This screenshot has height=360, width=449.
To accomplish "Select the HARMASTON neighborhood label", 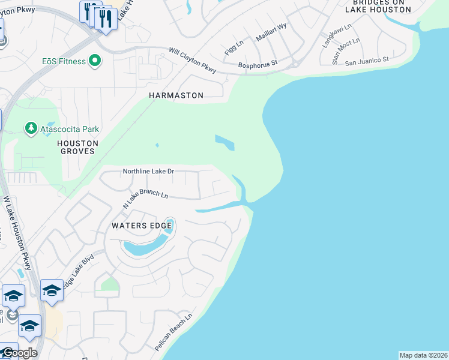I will click(176, 95).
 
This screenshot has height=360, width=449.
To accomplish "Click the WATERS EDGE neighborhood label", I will click(136, 226).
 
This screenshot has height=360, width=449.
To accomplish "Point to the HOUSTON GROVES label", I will click(77, 147).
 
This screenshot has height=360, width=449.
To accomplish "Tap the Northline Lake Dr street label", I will click(148, 172).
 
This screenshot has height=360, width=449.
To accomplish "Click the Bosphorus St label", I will click(258, 62).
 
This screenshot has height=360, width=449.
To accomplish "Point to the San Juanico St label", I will click(367, 60).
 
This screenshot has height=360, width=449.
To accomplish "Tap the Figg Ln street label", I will click(234, 48).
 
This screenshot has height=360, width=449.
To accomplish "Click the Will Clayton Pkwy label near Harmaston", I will click(192, 61).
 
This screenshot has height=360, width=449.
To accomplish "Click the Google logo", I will click(19, 353).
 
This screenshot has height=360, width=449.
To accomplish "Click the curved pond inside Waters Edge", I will click(148, 244).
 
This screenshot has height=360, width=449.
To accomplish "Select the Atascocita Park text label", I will click(70, 129).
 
